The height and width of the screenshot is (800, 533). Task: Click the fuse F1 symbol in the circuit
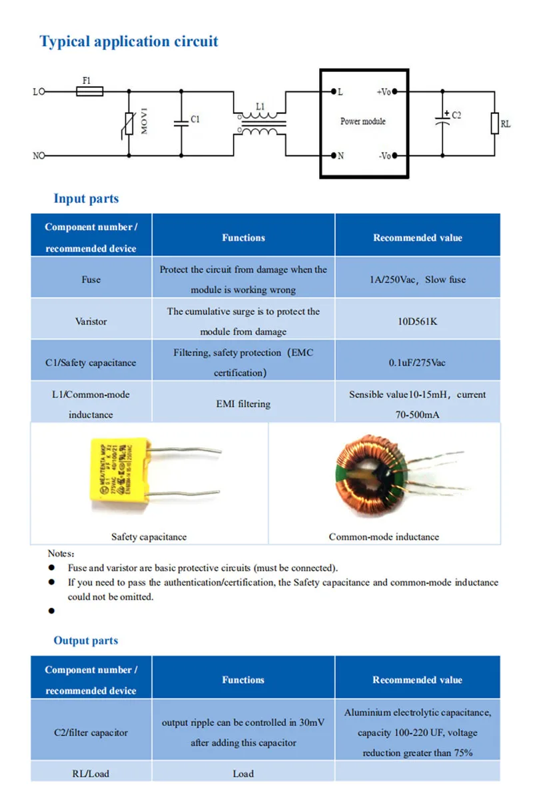coord(89,91)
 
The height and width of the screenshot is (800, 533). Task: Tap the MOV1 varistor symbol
coord(129,123)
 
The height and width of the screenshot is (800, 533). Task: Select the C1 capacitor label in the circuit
coord(195,120)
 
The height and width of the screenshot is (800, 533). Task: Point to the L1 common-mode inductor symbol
coord(260,123)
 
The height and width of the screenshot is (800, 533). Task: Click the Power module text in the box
coord(362,121)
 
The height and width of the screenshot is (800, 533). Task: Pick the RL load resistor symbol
coord(494,123)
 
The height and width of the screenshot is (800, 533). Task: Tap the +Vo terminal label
coord(383,92)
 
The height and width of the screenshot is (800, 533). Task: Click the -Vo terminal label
coord(384,156)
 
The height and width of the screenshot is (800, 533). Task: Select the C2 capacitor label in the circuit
coord(456,115)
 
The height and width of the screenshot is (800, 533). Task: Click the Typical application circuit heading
coord(129,41)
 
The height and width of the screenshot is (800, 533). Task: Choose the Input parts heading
coord(86,199)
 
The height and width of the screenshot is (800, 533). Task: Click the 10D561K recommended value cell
coord(417,321)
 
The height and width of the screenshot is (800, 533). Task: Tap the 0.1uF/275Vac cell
coord(417,363)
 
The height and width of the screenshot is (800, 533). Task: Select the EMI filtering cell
coord(243,404)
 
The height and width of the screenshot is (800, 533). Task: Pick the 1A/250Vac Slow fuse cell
coord(417,280)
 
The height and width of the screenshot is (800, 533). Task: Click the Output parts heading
coord(85,641)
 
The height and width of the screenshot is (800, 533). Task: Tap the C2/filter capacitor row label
coord(91,733)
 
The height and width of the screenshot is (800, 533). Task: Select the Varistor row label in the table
coord(91,321)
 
